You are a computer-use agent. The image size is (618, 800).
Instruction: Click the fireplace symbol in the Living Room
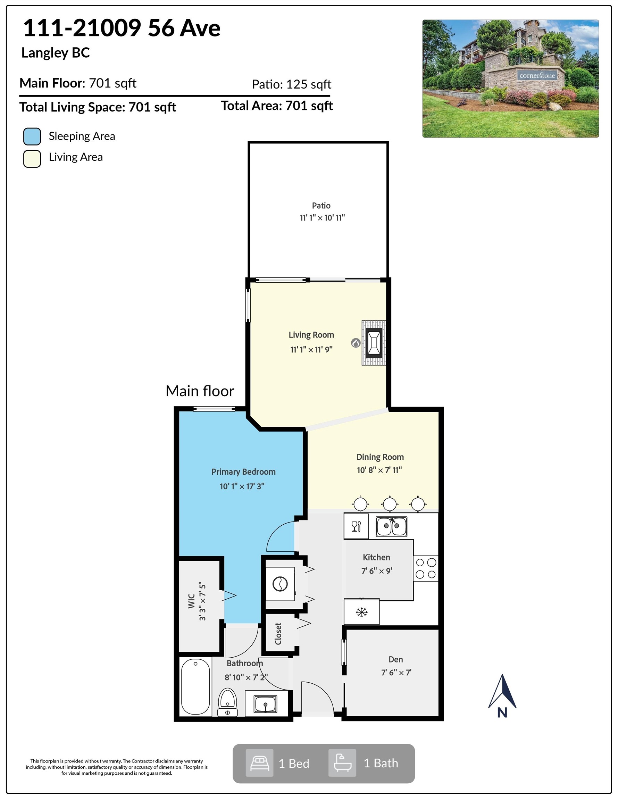(x=374, y=343)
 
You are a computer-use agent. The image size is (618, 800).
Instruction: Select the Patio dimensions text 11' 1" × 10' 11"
(x=322, y=218)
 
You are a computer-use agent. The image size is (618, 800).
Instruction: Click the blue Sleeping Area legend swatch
(x=32, y=136)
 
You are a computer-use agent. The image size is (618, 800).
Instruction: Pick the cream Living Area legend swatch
(x=32, y=159)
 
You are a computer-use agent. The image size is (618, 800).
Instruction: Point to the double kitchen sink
(x=392, y=527)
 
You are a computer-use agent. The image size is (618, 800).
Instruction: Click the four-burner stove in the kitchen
(x=426, y=568)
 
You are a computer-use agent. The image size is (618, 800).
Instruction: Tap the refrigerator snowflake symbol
(x=361, y=612)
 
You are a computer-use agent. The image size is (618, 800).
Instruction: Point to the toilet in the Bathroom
(x=227, y=701)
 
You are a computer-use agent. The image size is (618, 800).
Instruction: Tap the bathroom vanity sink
(x=266, y=704)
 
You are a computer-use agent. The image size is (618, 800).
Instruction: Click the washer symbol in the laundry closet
(x=280, y=584)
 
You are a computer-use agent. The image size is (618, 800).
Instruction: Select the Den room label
(x=396, y=659)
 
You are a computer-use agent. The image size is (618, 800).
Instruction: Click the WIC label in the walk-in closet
(x=191, y=601)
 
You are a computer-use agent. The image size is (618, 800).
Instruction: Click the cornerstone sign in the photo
(x=537, y=75)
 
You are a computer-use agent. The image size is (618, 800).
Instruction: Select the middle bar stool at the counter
(x=390, y=504)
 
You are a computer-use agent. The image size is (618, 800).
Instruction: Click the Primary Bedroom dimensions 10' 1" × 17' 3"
(x=242, y=486)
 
